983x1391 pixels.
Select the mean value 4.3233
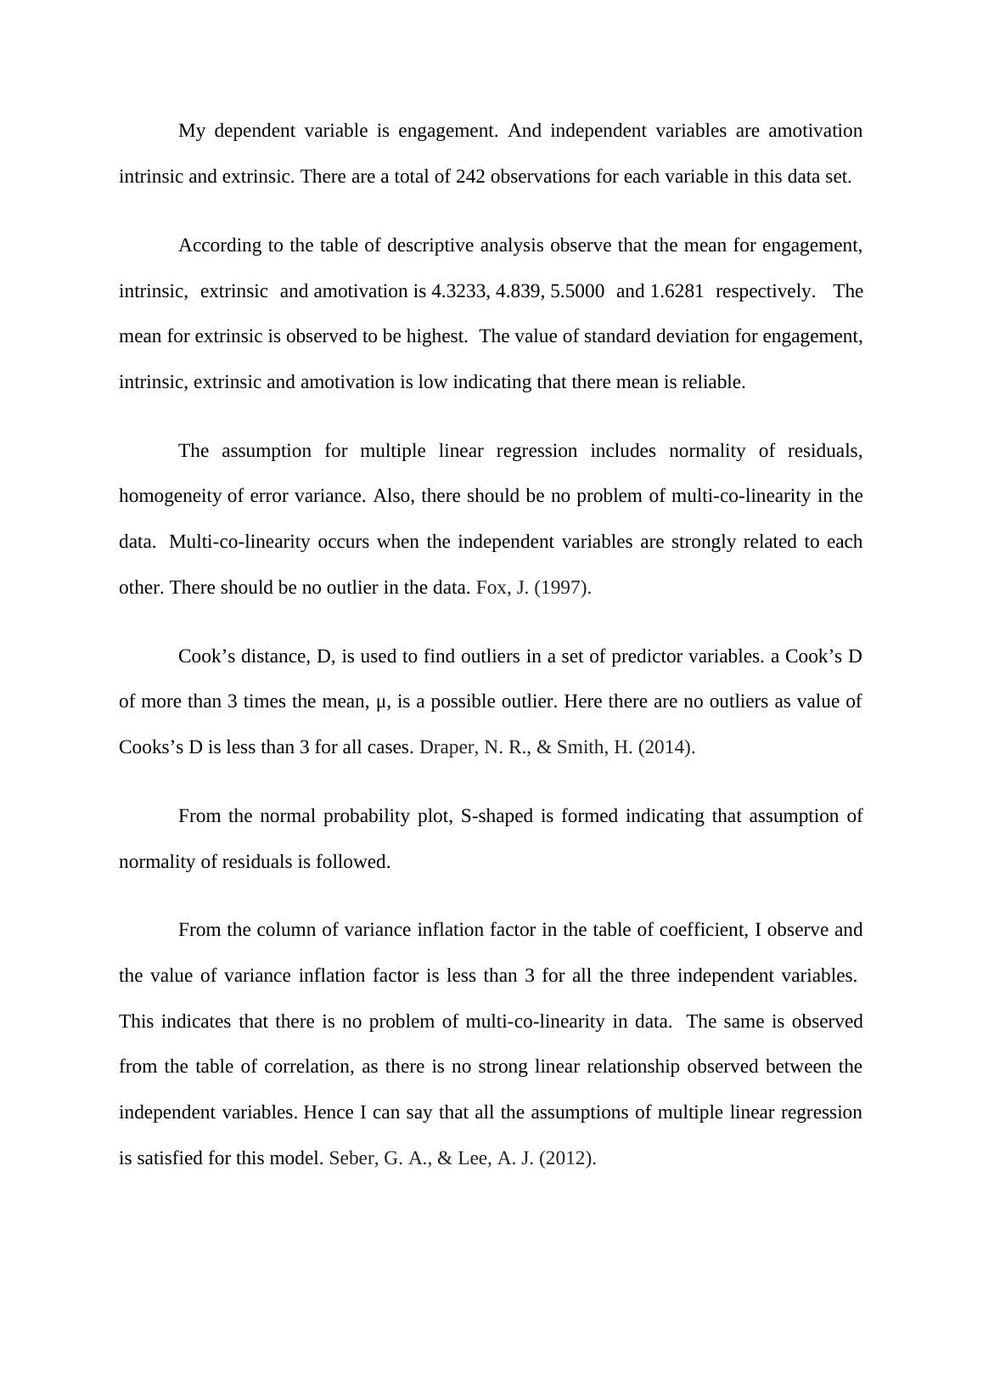[x=458, y=291]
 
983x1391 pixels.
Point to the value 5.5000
[x=577, y=291]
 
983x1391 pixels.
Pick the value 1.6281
[x=677, y=291]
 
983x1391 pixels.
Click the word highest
[x=436, y=336]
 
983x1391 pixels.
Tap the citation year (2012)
[x=567, y=1158]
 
